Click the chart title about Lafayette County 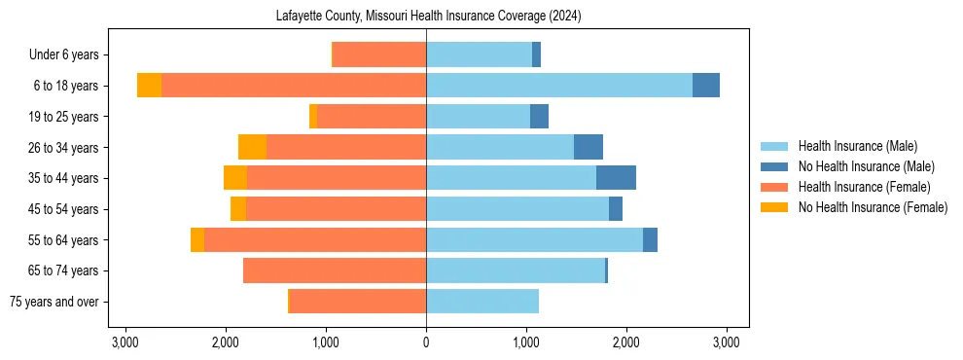426,17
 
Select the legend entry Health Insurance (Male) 857,146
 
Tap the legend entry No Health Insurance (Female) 873,207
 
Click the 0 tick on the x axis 426,342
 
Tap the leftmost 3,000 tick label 125,342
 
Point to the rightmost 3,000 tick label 727,342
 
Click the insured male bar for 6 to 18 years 559,86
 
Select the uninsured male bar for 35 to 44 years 616,178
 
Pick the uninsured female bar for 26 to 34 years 252,147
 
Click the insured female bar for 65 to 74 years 335,270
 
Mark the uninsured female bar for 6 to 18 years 149,86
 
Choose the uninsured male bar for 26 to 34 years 588,147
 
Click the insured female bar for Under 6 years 379,54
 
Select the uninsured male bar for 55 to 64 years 650,239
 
